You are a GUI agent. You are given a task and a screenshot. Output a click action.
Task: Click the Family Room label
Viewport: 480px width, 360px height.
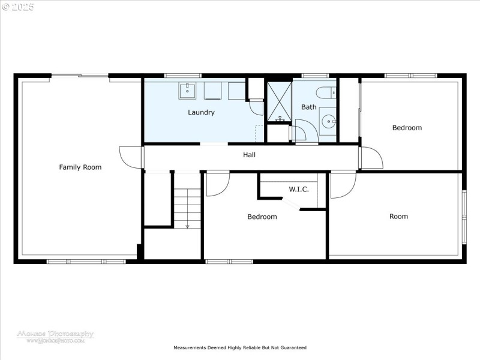pyautogui.click(x=80, y=167)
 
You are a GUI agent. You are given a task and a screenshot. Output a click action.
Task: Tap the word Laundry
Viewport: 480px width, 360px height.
pyautogui.click(x=201, y=112)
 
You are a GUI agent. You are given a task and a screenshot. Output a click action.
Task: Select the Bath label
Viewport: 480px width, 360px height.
pyautogui.click(x=308, y=107)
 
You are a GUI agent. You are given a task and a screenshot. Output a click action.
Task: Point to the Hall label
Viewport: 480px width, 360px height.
pyautogui.click(x=249, y=155)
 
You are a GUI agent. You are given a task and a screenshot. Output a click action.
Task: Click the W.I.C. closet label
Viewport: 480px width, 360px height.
pyautogui.click(x=298, y=190)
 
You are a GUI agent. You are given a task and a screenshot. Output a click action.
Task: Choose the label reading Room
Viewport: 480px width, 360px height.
pyautogui.click(x=398, y=217)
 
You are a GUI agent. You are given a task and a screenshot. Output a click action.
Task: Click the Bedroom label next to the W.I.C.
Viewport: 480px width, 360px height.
pyautogui.click(x=262, y=217)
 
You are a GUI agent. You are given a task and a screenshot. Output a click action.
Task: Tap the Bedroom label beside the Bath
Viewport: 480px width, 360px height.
pyautogui.click(x=407, y=128)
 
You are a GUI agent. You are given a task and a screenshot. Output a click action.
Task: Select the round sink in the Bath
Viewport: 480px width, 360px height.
pyautogui.click(x=328, y=121)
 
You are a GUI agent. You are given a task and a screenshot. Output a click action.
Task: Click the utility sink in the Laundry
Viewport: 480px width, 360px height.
pyautogui.click(x=187, y=91)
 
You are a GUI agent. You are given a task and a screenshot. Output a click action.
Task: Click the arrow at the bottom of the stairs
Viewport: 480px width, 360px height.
pyautogui.click(x=187, y=226)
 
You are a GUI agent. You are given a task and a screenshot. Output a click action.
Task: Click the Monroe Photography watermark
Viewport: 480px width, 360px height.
pyautogui.click(x=55, y=336)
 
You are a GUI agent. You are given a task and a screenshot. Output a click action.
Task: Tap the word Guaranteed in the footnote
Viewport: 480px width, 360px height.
pyautogui.click(x=292, y=347)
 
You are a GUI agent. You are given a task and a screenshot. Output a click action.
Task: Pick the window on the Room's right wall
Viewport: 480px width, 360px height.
pyautogui.click(x=463, y=217)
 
